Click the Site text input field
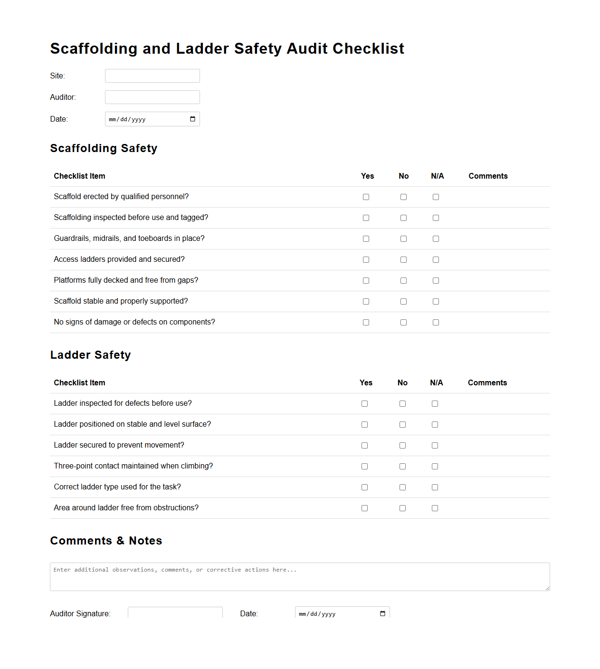click(x=152, y=76)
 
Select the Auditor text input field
click(x=152, y=97)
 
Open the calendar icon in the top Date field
click(x=192, y=119)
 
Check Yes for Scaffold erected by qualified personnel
click(x=366, y=197)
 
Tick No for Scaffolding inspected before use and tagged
click(x=403, y=218)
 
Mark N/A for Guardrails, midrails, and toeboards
click(x=436, y=239)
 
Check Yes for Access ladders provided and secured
click(x=366, y=260)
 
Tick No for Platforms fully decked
click(x=403, y=281)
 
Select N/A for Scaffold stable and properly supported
click(x=436, y=302)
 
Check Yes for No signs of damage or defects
click(x=366, y=323)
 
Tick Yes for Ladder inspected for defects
click(x=364, y=404)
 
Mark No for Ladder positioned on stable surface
click(x=402, y=425)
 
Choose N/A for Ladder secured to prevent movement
click(x=435, y=446)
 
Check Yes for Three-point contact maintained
click(x=364, y=467)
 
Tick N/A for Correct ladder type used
click(x=435, y=487)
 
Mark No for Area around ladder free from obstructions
click(x=402, y=508)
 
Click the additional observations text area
click(x=299, y=577)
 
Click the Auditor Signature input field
click(x=175, y=613)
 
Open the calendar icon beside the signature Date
click(x=382, y=613)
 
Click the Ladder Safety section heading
click(x=90, y=355)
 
